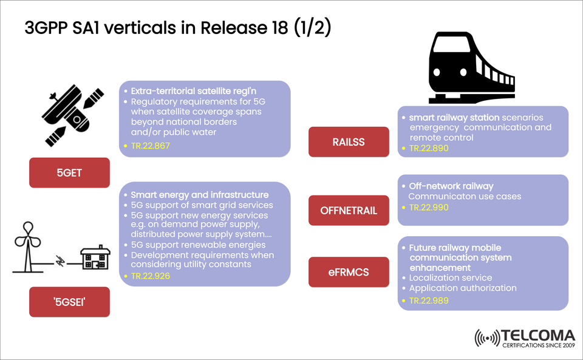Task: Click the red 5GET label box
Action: [69, 172]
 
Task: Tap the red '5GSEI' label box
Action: [69, 302]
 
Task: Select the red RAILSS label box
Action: [348, 141]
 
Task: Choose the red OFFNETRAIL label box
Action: [348, 211]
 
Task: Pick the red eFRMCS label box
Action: [348, 271]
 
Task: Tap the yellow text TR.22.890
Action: [429, 148]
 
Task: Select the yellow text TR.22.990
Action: [429, 207]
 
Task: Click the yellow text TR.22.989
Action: [429, 301]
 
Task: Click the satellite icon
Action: [69, 116]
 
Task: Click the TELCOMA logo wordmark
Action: [538, 335]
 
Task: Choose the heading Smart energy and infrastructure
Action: [200, 195]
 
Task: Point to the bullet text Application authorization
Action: [463, 288]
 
